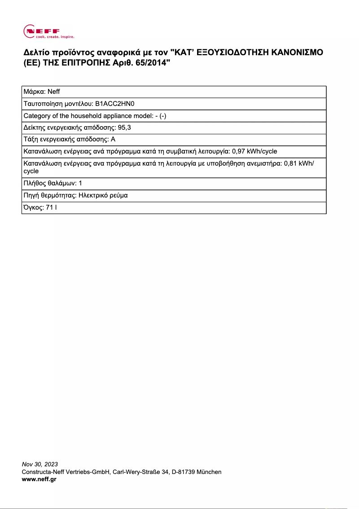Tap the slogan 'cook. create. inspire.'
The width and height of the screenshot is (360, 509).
[x=55, y=37]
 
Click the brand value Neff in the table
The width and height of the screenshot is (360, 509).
[x=53, y=92]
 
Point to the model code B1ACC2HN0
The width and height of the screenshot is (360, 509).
[x=115, y=104]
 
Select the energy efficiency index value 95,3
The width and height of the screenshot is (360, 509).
[x=124, y=127]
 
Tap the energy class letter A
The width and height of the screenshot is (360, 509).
[x=113, y=140]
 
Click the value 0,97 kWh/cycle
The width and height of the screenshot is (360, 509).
[x=255, y=151]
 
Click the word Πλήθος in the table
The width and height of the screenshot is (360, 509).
[x=34, y=183]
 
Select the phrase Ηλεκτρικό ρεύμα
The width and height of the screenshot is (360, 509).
[x=103, y=195]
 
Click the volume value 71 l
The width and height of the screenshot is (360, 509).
[x=51, y=207]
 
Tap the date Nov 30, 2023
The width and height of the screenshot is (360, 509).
[x=40, y=464]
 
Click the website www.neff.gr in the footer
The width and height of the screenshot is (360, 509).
[x=39, y=479]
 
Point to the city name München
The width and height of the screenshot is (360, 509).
[x=208, y=472]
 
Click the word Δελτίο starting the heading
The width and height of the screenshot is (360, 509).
[x=36, y=53]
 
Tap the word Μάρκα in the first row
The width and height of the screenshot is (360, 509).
[x=33, y=92]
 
